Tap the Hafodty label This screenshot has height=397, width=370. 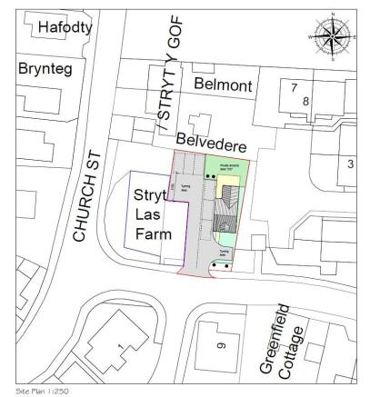pyautogui.click(x=65, y=28)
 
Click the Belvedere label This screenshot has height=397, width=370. pyautogui.click(x=212, y=142)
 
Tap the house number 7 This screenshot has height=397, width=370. pyautogui.click(x=293, y=87)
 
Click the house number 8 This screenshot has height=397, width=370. pyautogui.click(x=306, y=101)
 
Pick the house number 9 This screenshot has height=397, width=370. pyautogui.click(x=221, y=346)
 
